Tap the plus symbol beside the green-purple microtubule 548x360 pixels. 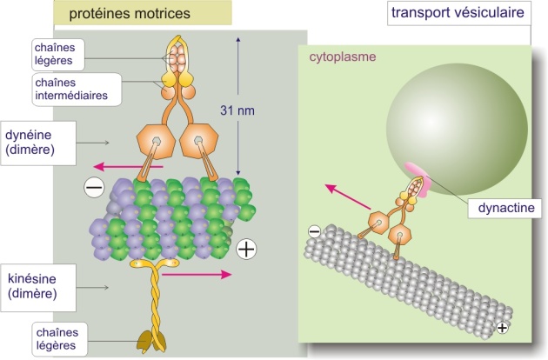246,250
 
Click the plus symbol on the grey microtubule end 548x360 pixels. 502,328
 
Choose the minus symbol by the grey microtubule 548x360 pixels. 314,231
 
